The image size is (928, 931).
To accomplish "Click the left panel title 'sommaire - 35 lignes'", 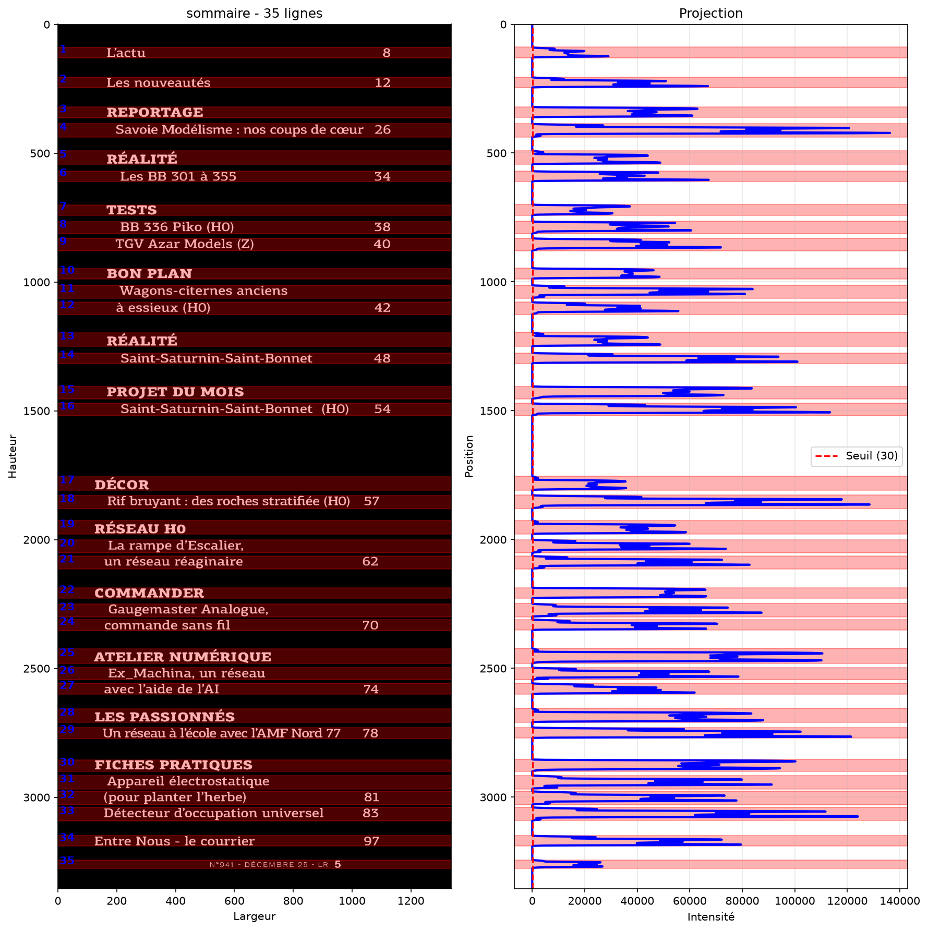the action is [255, 13].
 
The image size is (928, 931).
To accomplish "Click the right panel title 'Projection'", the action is [710, 13].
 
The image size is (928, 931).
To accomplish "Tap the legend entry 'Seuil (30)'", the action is [872, 456].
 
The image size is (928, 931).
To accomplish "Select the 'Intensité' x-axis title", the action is [710, 916].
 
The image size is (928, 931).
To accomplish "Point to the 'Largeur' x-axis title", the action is [255, 916].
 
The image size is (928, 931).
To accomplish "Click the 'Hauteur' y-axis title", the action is [13, 456].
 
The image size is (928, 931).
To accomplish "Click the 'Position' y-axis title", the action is [469, 456].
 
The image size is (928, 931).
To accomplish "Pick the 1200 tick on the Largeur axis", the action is [411, 902].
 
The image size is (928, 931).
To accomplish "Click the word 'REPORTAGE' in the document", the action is [155, 113].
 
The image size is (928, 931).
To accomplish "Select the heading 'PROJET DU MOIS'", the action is [175, 392].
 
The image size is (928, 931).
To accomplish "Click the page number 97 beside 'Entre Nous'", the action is [371, 841].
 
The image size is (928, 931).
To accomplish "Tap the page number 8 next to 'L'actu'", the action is [387, 53].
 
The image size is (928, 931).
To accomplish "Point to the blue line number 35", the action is [67, 861].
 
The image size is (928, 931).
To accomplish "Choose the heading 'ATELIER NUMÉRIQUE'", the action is [183, 657].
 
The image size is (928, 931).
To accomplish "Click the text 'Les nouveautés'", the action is [159, 83].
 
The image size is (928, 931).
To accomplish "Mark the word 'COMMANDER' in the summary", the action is [149, 594].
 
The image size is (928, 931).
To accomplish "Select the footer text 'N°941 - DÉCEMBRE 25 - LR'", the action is [269, 865].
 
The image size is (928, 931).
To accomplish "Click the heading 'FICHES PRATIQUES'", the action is [173, 765].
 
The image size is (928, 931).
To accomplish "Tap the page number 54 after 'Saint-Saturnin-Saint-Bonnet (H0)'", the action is [382, 409].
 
